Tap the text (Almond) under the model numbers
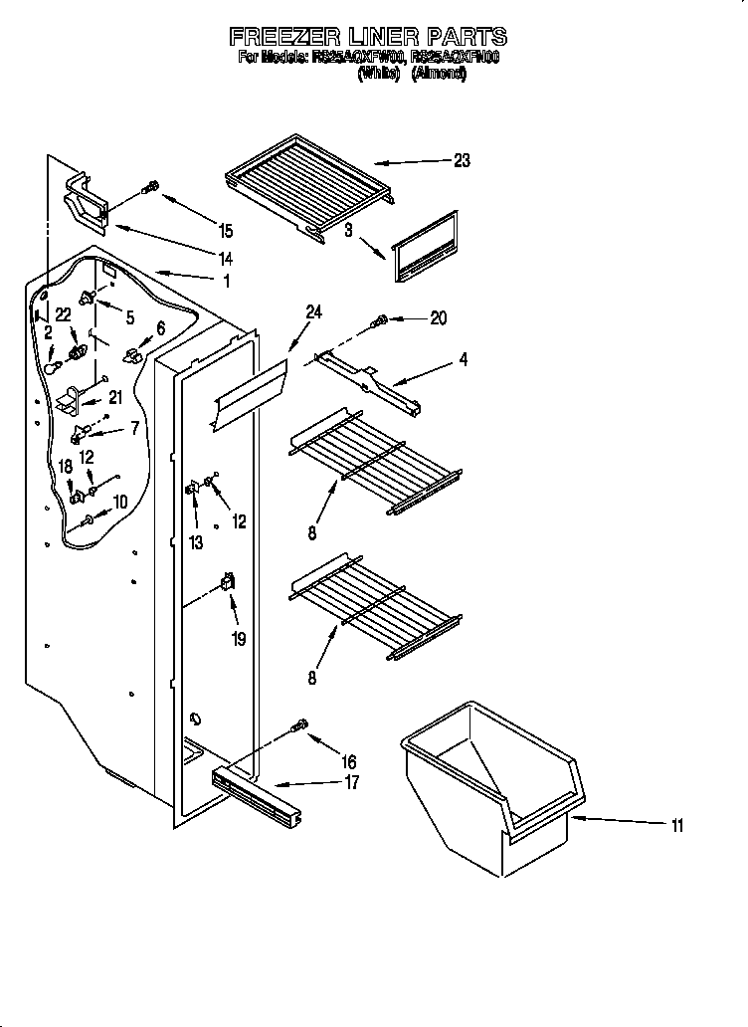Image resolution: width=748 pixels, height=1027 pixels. pos(439,73)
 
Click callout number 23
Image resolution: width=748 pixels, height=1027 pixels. pos(461,160)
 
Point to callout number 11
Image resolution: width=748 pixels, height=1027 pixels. pos(677,823)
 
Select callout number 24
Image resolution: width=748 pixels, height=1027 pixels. pos(313,311)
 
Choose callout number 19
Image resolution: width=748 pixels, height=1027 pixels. pos(239,640)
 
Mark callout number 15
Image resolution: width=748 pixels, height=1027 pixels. pos(226,231)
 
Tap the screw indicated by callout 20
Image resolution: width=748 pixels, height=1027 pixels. pos(380,321)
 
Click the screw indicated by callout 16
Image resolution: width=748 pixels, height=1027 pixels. pos(299,728)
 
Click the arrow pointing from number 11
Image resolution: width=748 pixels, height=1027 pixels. pos(617,820)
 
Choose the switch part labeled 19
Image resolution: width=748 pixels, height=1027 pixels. pos(228,585)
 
